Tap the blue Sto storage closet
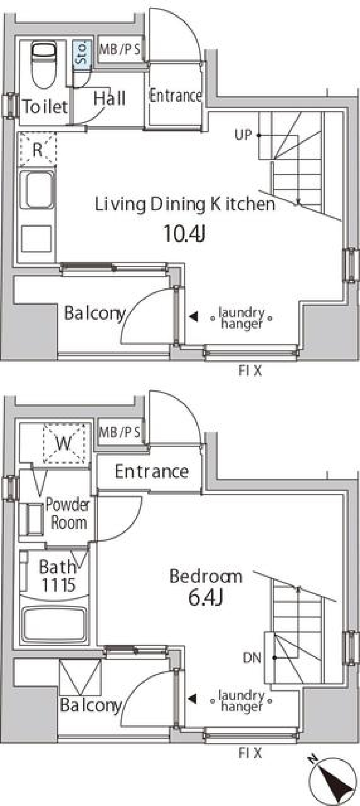(82, 54)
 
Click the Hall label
(109, 99)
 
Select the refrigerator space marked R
(37, 150)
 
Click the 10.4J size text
(184, 233)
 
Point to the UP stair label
(243, 135)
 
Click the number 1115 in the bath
(58, 585)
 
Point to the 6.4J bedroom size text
(205, 597)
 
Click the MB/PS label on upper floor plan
(120, 49)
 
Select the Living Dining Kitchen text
(185, 204)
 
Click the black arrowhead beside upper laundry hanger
(193, 317)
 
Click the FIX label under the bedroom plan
(250, 753)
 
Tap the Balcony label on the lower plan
(91, 705)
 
